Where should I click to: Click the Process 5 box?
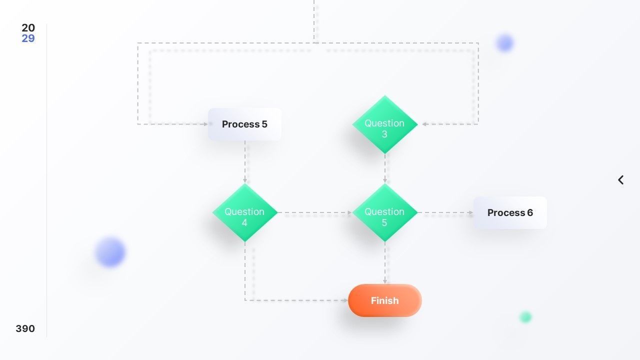(244, 124)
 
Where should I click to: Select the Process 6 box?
(510, 212)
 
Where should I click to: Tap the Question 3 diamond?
(385, 124)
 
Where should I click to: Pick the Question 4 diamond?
(245, 212)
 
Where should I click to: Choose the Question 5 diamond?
(385, 212)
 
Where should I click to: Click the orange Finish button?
(385, 300)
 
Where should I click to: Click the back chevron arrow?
(620, 180)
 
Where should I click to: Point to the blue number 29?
(28, 38)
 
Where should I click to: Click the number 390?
(25, 328)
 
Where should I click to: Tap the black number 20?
(28, 27)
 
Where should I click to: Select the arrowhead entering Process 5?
(205, 124)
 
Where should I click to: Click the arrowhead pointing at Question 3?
(424, 124)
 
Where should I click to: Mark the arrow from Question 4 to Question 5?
(315, 212)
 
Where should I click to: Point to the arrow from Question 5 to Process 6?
(445, 212)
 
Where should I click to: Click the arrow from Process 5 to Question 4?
(245, 161)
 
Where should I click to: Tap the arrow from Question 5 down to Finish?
(385, 263)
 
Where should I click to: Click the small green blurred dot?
(525, 317)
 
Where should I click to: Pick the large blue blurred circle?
(110, 252)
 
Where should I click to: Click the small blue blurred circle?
(505, 43)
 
